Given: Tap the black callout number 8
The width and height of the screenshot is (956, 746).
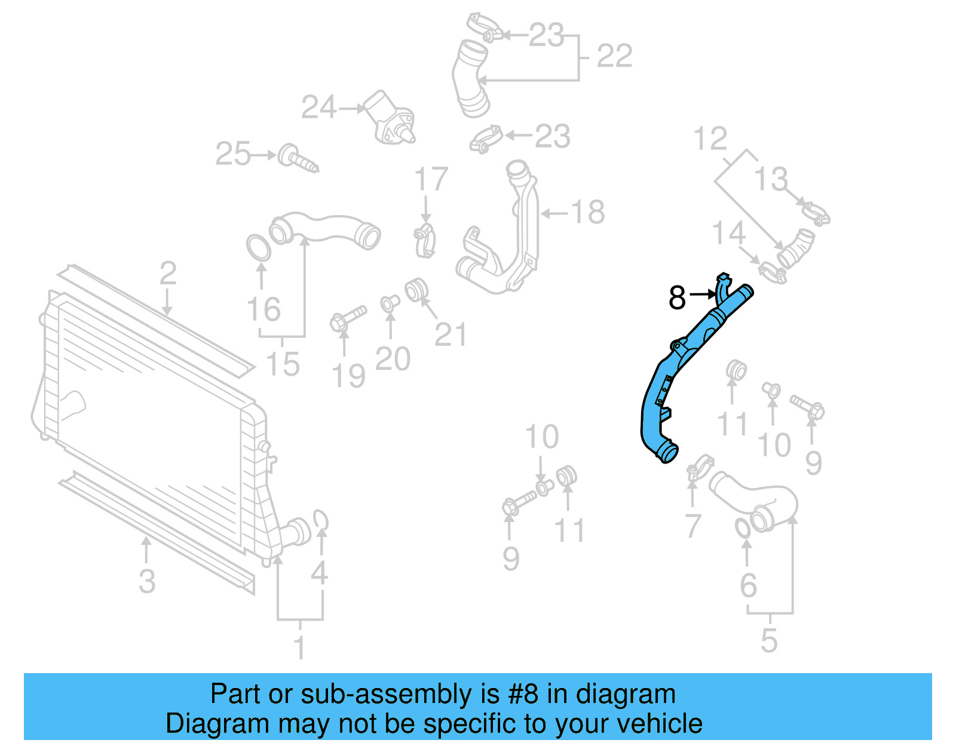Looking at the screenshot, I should pos(677,297).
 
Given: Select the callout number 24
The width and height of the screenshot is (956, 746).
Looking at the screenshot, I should pos(319,108).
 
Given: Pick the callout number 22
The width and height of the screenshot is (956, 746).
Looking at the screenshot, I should pos(614,56).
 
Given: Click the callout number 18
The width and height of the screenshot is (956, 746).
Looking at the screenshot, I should pos(588,212).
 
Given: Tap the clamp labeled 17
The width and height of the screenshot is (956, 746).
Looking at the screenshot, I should pos(425,241).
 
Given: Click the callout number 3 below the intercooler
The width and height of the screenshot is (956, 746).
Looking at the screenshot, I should pos(147,581).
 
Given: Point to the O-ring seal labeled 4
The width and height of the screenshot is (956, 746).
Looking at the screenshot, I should pos(321,520).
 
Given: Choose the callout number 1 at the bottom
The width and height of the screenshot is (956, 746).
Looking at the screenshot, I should pos(300,647).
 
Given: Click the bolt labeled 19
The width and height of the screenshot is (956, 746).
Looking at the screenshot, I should pos(347,318).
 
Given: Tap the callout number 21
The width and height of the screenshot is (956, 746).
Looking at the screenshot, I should pos(450,334).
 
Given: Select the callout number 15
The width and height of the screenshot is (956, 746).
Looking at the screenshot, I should pos(283,364).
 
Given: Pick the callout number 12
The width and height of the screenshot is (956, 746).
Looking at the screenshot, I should pos(710,139).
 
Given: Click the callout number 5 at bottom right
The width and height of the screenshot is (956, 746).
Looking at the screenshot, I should pos(769,640).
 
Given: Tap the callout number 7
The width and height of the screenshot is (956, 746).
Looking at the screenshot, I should pos(692,526).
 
